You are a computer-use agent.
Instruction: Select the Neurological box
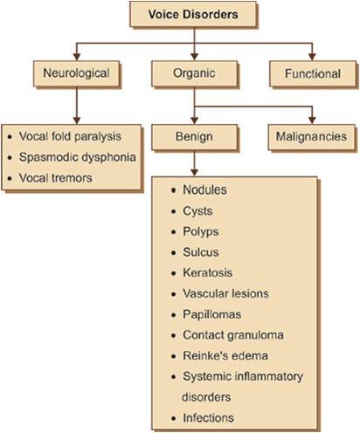74,73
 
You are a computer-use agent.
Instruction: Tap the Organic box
194,73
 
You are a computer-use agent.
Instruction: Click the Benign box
194,136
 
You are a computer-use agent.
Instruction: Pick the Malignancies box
311,136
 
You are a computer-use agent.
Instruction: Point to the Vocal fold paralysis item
74,137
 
